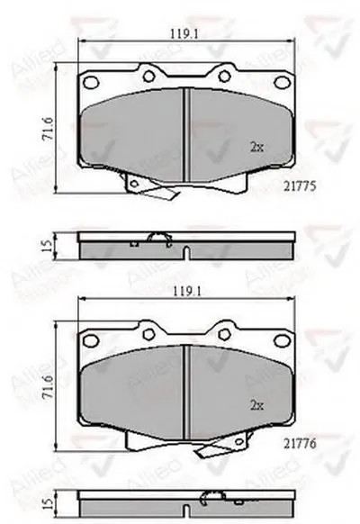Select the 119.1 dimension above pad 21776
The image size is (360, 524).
pyautogui.click(x=184, y=292)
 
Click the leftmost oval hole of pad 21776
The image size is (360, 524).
pyautogui.click(x=89, y=339)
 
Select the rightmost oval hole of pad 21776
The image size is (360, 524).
pyautogui.click(x=280, y=339)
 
